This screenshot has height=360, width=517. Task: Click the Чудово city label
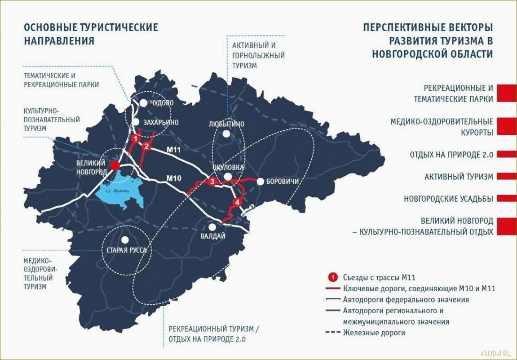162,103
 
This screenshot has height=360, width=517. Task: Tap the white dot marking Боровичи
260,181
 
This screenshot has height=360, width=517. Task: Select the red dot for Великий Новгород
115,165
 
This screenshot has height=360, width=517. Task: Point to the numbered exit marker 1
135,138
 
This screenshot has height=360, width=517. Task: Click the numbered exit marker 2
146,146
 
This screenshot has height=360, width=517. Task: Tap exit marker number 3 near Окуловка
213,182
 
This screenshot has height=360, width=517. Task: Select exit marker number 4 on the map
238,203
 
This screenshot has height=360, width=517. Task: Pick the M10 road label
173,178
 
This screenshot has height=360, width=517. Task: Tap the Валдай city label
213,236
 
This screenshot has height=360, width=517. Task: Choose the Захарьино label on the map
161,122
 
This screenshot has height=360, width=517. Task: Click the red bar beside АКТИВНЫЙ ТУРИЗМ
507,176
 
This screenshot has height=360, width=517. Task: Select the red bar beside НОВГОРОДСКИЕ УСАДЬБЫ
507,198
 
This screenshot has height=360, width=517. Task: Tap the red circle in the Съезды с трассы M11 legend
333,277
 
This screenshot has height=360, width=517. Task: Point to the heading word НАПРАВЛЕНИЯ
59,40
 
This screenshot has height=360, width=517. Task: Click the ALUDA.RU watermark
496,353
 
